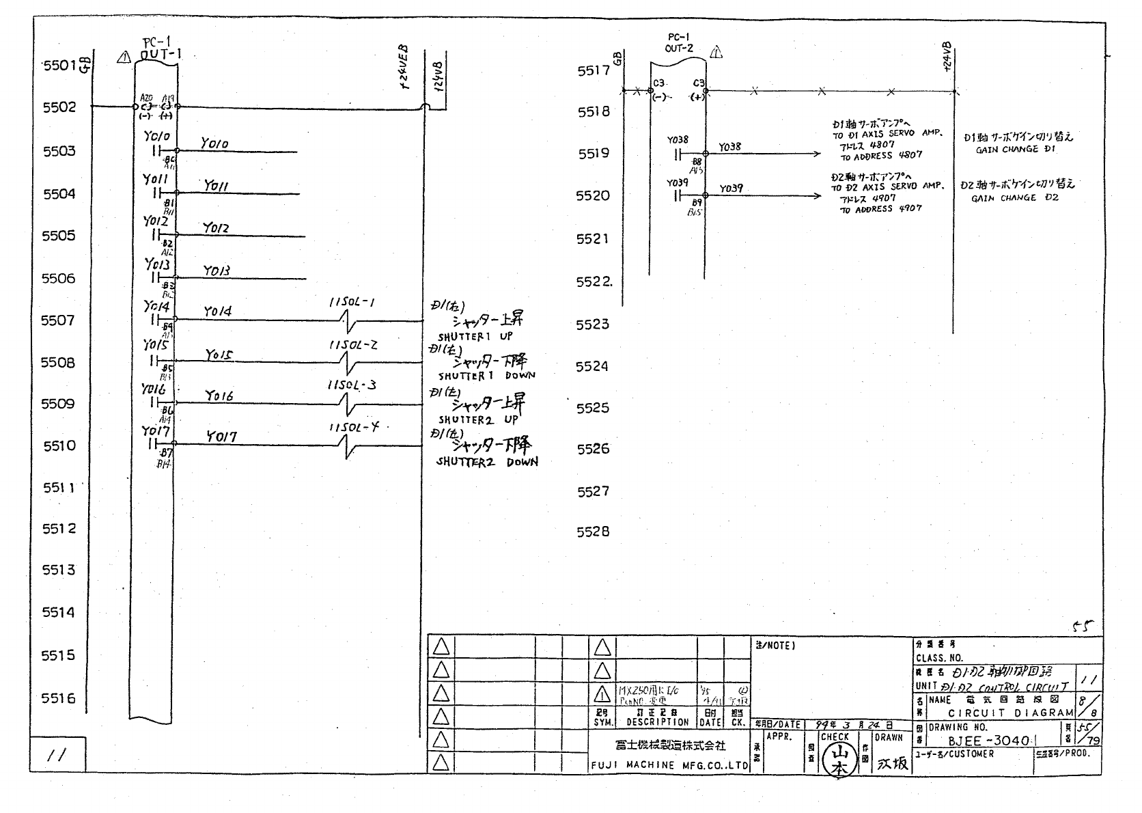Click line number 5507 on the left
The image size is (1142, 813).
(58, 320)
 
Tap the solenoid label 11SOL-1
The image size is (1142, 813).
(352, 303)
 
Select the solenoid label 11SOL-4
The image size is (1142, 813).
(353, 428)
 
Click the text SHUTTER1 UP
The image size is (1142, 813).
(475, 337)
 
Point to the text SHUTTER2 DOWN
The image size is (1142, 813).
(487, 463)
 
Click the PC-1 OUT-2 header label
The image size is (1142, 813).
(679, 43)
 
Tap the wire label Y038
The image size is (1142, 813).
(729, 147)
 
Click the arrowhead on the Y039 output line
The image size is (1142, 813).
(818, 196)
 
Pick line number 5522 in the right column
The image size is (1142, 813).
(594, 282)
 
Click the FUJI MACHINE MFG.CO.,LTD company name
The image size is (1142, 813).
(669, 766)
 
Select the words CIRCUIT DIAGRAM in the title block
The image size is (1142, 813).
(1011, 713)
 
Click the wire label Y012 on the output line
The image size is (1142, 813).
(216, 228)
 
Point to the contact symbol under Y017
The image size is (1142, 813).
(153, 444)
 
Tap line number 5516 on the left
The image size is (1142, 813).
(58, 698)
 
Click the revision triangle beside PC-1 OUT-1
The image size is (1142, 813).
(124, 58)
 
